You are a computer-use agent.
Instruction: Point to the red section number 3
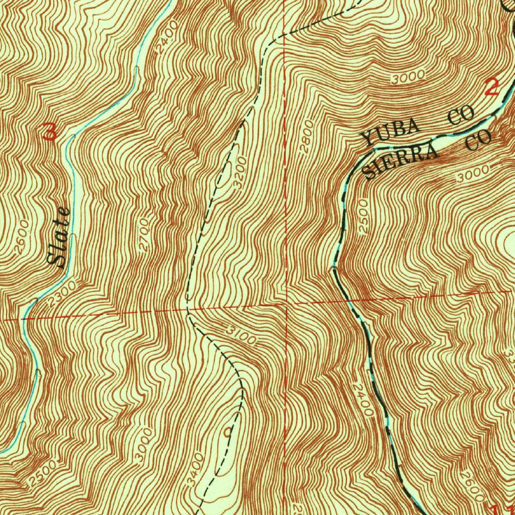[50, 132]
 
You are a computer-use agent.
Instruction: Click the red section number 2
[491, 88]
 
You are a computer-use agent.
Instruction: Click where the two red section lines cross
[285, 304]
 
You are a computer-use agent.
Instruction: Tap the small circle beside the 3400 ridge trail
[228, 431]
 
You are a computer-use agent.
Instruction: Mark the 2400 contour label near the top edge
[164, 37]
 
